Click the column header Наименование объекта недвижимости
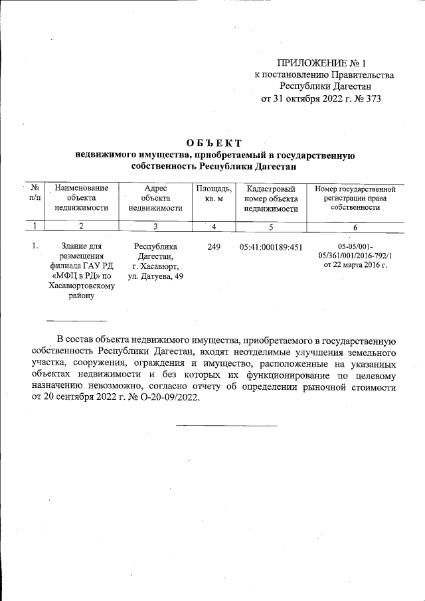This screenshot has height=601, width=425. pos(81,198)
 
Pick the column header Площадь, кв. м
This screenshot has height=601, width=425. pos(214,193)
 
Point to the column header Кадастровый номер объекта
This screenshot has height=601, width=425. pos(271,198)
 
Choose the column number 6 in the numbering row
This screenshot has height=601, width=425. pos(355,227)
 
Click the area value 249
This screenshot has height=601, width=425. pos(214,248)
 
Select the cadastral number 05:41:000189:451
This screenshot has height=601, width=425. pos(271,248)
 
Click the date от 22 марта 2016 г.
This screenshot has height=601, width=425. pos(355,265)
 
